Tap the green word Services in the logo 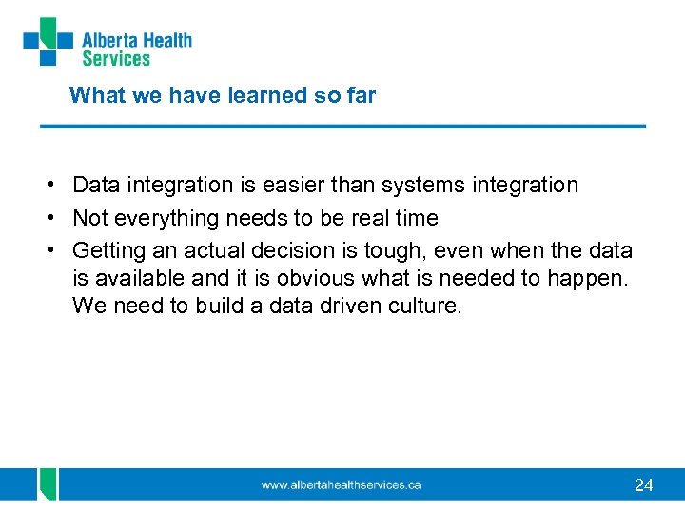(x=116, y=59)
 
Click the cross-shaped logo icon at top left (x=48, y=42)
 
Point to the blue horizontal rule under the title (x=342, y=126)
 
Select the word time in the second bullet (x=417, y=218)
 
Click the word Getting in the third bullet (x=107, y=251)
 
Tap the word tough (x=391, y=251)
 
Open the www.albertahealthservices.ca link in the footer (x=341, y=484)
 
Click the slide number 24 (x=643, y=485)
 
